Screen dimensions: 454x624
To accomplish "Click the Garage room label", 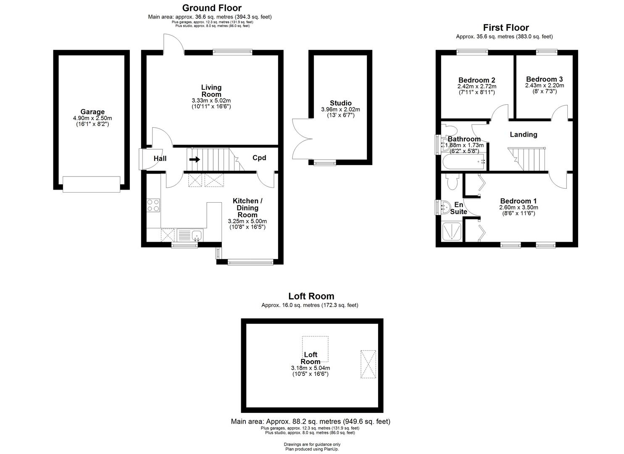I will point(92,112).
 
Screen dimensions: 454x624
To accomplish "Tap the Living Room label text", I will point(211,91).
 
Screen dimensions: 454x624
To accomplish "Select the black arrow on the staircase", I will point(195,159).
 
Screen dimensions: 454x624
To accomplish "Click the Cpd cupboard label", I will point(259,158).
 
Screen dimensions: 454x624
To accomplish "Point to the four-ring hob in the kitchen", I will point(153,205).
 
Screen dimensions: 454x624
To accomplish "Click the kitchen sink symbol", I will point(196,235).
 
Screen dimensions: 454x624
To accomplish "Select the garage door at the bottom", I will point(91,184).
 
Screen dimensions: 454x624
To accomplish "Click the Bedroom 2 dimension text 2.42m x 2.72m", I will point(476,86).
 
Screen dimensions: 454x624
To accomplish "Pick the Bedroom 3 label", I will point(544,79).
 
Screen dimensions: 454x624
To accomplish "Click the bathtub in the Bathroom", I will point(463,161).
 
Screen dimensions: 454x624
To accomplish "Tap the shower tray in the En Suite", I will point(452,231).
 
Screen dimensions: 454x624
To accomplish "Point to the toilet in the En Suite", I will point(452,182).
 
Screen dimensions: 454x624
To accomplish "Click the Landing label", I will point(523,135).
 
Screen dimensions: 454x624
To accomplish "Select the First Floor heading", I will point(506,28).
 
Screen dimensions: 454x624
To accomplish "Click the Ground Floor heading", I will point(211,8).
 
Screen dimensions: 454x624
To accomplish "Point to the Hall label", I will point(160,158).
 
